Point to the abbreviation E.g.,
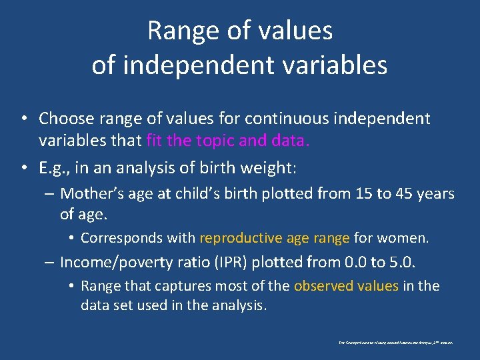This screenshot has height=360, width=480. pos(55,168)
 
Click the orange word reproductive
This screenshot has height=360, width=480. pos(241,238)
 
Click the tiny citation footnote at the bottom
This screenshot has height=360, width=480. pos(396,342)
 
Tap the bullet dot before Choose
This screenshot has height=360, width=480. pos(23,119)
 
